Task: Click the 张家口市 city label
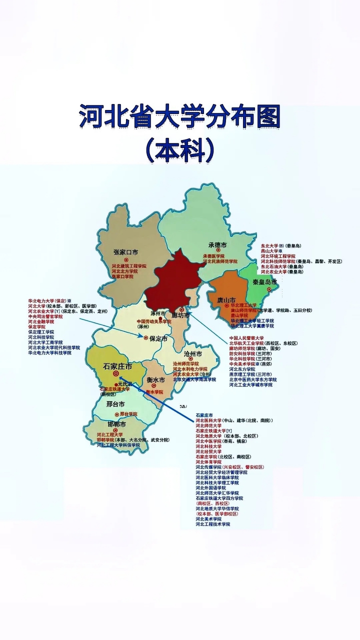coord(125,252)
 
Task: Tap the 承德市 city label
coord(217,245)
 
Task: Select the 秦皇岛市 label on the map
coord(264,282)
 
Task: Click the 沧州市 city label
coord(192,354)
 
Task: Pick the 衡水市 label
coord(155,379)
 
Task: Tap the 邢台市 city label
coord(115,404)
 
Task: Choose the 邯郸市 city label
coord(112,425)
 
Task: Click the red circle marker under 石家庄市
coord(116,373)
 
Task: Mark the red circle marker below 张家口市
coord(126,260)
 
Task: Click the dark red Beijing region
coord(175,282)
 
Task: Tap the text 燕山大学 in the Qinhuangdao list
coord(272,251)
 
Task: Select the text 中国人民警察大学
coord(246,338)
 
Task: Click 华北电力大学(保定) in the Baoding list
coord(48,301)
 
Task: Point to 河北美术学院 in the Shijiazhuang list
coord(208,519)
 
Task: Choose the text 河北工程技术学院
coord(212,524)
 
